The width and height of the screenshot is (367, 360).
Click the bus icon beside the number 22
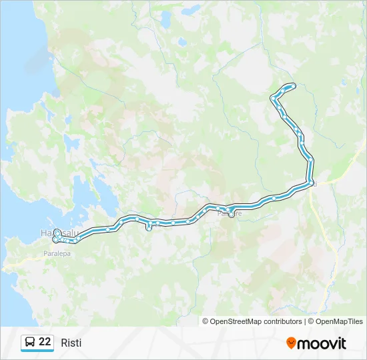pos(30,343)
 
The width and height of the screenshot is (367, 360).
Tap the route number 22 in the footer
pos(45,342)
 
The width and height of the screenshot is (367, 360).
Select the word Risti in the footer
pos(71,343)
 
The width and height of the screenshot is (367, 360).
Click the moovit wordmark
pos(322,343)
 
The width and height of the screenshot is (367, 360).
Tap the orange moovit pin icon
pos(291,343)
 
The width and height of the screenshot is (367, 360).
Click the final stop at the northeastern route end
pos(294,85)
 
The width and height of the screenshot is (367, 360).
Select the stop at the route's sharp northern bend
pos(272,99)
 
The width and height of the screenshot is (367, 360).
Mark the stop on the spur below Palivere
pos(232,215)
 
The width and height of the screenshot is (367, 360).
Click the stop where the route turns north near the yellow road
pos(311,183)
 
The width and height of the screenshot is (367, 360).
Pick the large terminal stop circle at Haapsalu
pos(57,233)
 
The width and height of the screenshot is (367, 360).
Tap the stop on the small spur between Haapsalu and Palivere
pos(148,228)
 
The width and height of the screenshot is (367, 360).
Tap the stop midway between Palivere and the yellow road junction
pos(274,198)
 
